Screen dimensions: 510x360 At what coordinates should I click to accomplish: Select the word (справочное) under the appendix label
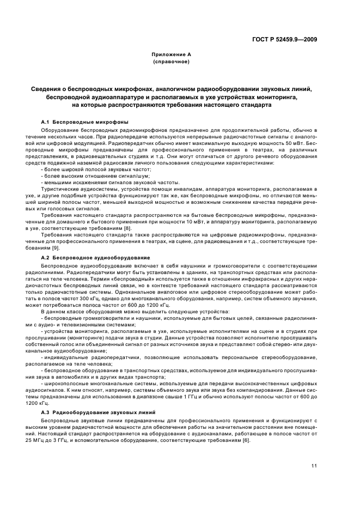pyautogui.click(x=171, y=62)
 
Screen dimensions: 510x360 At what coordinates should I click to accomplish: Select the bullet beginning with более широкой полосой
pyautogui.click(x=83, y=170)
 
